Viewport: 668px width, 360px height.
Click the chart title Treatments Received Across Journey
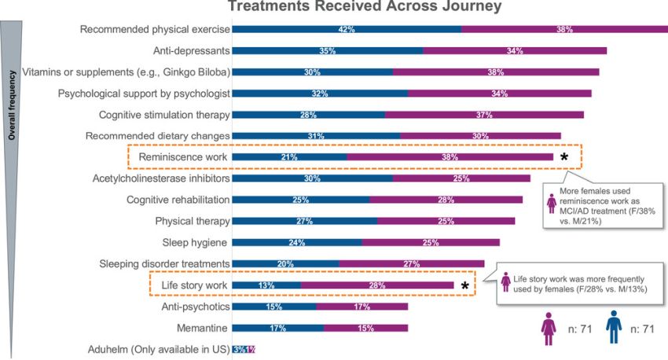pyautogui.click(x=365, y=8)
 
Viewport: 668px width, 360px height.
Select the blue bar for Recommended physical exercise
pyautogui.click(x=347, y=29)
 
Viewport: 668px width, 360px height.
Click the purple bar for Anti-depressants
pyautogui.click(x=515, y=50)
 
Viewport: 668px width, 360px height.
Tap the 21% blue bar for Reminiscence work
pyautogui.click(x=289, y=156)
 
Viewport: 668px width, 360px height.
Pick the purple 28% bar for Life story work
pyautogui.click(x=376, y=285)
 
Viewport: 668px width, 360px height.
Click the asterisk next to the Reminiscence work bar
pyautogui.click(x=564, y=157)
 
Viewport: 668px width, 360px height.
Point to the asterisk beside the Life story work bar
pyautogui.click(x=464, y=285)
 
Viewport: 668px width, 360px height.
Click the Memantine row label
pyautogui.click(x=202, y=327)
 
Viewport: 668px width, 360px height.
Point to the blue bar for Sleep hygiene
pyautogui.click(x=297, y=242)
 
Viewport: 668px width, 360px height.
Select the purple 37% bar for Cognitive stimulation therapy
pyautogui.click(x=484, y=115)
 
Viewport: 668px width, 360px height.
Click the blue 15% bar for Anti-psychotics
pyautogui.click(x=274, y=306)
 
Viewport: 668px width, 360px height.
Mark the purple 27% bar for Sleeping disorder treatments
pyautogui.click(x=411, y=263)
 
